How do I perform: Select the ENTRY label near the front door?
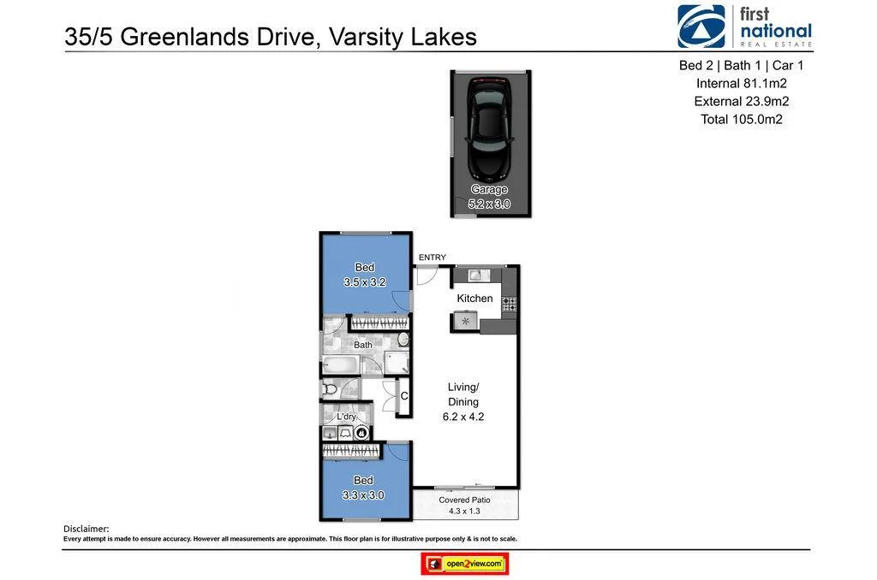pos(432,257)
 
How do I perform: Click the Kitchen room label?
pos(474,299)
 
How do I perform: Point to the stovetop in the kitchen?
pos(509,303)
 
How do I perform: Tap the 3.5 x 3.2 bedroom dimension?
pos(365,282)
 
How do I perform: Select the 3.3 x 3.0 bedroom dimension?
pos(363,494)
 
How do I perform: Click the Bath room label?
pos(363,346)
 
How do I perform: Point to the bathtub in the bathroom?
pos(342,365)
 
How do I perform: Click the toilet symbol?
pos(330,390)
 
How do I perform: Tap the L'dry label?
pos(346,417)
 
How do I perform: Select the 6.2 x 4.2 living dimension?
pos(463,417)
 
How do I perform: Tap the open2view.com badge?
pos(465,564)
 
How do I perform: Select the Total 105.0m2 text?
pos(741,119)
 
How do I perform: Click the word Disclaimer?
pos(86,529)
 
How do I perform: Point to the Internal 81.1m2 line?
pos(741,83)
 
